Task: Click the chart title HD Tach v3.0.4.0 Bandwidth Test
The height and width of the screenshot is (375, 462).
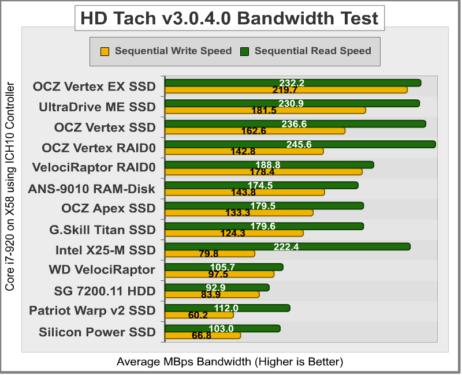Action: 230,18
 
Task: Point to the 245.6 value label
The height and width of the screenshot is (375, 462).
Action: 299,144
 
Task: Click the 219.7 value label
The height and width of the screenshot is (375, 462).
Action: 285,90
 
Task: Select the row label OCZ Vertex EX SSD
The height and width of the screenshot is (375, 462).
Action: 94,87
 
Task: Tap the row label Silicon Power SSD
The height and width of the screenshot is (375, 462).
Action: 97,332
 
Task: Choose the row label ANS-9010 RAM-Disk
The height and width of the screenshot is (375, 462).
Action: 92,189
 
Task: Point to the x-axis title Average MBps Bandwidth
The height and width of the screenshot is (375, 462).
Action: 230,362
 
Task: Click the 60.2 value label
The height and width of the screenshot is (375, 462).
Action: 198,315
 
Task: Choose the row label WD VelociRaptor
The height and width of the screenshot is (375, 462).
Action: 102,269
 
